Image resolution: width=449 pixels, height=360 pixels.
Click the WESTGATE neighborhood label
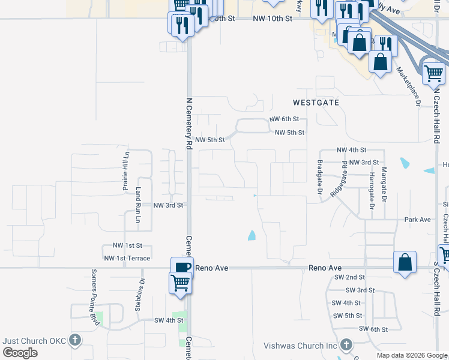coord(316,103)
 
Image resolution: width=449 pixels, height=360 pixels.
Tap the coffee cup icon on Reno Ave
coord(182,266)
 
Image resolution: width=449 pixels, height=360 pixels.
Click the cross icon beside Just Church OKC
coord(74,341)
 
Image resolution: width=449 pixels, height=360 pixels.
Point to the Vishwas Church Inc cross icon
coord(346,345)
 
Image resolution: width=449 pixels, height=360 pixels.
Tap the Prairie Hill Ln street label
coord(126,171)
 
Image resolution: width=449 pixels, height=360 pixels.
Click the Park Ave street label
coord(417,220)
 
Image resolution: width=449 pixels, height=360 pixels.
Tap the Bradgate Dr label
coord(320,178)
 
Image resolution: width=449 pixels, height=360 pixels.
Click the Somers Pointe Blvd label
coord(94,294)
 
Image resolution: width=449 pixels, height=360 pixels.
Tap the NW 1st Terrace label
coord(127,258)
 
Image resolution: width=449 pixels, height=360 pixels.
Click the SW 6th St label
coord(374,329)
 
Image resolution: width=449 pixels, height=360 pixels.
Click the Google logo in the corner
coord(20,353)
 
